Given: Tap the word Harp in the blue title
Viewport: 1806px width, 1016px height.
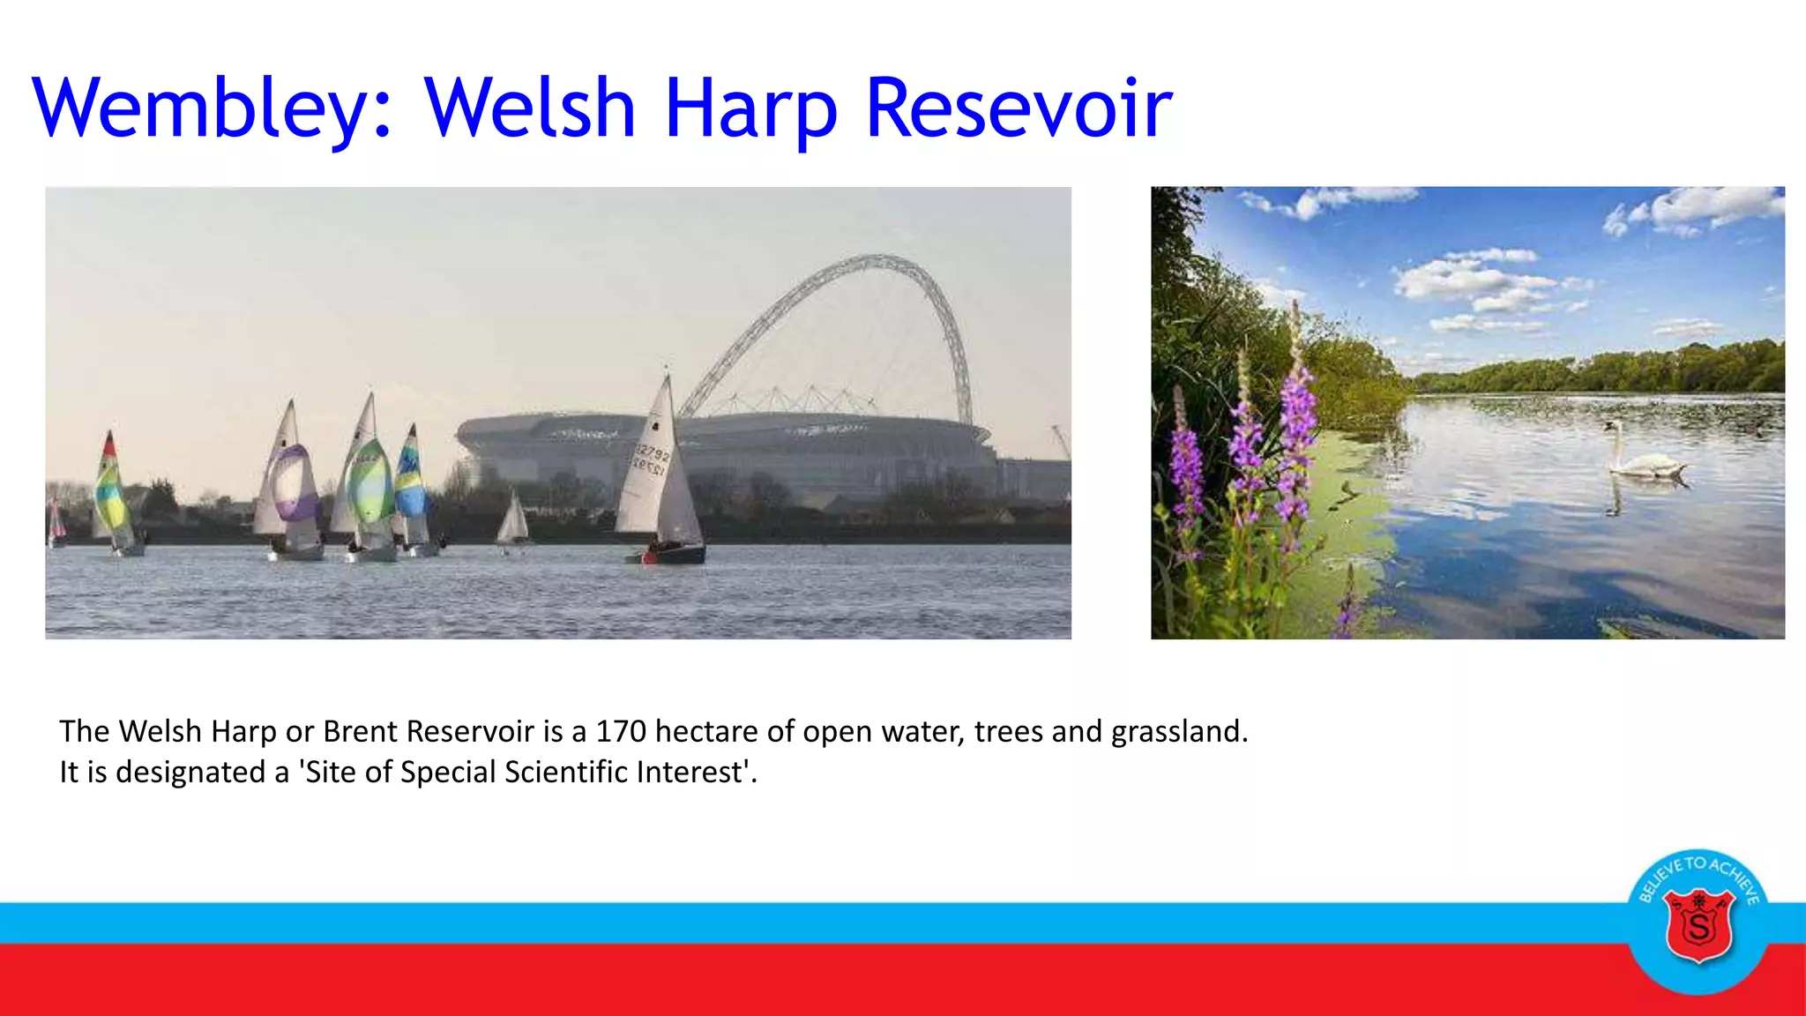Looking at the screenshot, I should (x=750, y=109).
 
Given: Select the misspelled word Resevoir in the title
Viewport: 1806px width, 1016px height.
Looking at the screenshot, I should (x=1019, y=109).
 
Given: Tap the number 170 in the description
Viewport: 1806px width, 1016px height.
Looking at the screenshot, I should (x=621, y=732).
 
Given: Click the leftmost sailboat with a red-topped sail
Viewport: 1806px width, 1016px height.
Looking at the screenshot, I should (x=112, y=494).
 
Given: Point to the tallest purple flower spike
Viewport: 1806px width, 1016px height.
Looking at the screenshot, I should (x=1296, y=415).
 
